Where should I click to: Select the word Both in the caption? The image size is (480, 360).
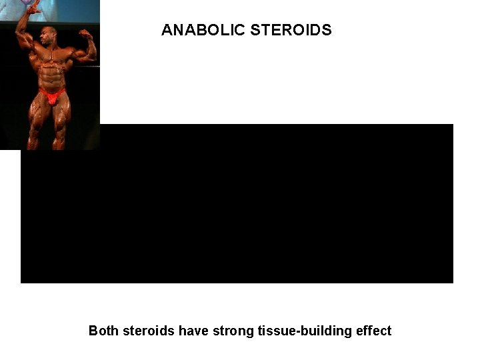pos(103,331)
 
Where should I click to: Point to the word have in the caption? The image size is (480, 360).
pos(193,331)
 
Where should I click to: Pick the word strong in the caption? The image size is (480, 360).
pos(233,331)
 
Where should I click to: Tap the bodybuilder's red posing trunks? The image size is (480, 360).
pos(52,96)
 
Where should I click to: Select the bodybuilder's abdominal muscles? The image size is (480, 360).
pos(51,77)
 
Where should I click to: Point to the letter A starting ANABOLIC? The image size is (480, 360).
pos(167,30)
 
